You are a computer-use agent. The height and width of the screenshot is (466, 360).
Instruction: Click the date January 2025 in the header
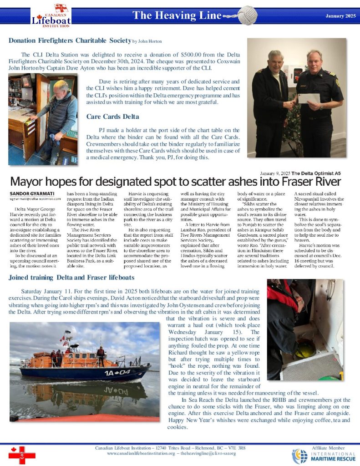click(340, 16)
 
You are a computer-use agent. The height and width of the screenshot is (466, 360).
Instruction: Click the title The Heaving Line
click(176, 16)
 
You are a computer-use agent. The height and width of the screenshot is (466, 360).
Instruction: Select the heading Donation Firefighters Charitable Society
click(69, 41)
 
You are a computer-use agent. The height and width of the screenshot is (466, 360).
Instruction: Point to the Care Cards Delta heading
click(113, 116)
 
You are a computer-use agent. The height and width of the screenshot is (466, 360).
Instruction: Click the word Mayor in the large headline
click(30, 182)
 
